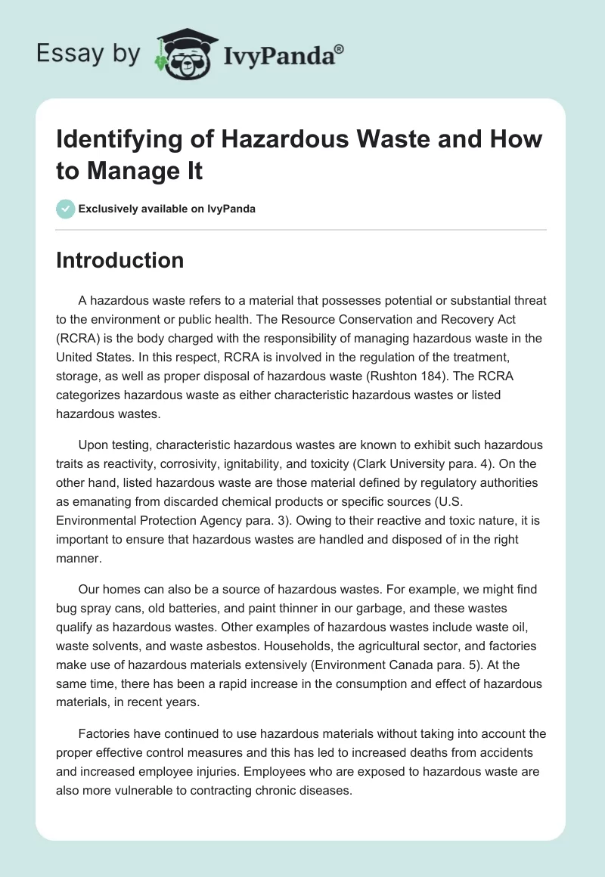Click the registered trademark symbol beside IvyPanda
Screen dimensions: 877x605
pos(340,49)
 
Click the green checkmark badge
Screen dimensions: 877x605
pos(65,209)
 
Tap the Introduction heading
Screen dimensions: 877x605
pos(120,260)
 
